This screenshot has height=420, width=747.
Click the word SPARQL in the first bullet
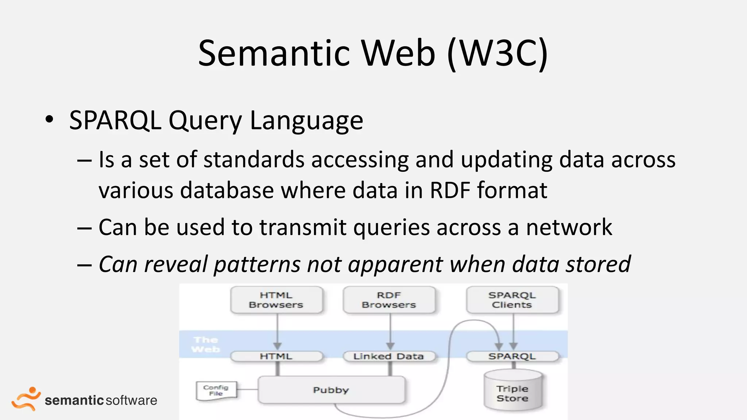[x=115, y=120]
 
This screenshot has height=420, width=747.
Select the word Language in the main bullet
[x=306, y=121]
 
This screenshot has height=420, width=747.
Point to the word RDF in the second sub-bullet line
[x=450, y=190]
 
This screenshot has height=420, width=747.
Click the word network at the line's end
[x=569, y=227]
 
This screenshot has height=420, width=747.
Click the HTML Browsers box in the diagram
[x=276, y=300]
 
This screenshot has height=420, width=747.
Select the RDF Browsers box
[x=389, y=300]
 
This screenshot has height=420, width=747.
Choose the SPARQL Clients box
[x=512, y=300]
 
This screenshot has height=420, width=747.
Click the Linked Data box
[x=389, y=356]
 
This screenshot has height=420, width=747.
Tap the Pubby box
[x=331, y=390]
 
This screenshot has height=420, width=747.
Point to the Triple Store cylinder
[x=512, y=392]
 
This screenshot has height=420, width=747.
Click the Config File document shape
[x=216, y=390]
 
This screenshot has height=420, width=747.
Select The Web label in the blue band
[x=206, y=345]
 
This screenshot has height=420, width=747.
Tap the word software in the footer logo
[x=132, y=400]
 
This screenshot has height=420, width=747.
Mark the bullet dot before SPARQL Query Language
[x=49, y=119]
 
